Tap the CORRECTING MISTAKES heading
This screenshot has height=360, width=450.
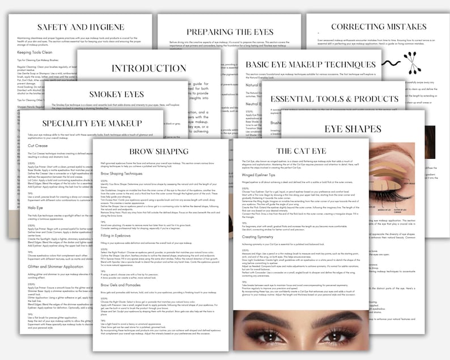click(379, 26)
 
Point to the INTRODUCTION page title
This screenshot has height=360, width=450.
click(149, 69)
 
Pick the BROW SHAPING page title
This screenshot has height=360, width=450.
click(159, 151)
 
